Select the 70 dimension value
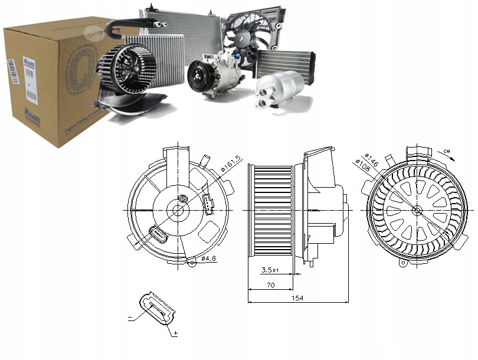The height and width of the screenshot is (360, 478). click(x=271, y=284)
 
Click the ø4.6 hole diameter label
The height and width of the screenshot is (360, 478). click(x=208, y=258)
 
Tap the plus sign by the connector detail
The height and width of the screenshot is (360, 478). click(x=175, y=334)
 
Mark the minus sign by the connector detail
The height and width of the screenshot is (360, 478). click(x=129, y=318)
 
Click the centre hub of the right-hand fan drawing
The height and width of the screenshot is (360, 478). click(x=417, y=210)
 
